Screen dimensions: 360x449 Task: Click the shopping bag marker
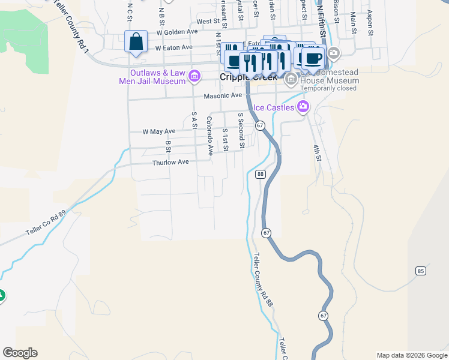136,43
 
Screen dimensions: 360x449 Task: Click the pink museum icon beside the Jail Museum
194,76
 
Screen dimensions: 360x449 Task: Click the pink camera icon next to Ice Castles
303,107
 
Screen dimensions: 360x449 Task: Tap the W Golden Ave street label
176,32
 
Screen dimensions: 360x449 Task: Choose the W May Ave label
158,131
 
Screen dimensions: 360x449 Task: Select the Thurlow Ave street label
170,162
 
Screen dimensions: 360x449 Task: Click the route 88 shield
260,174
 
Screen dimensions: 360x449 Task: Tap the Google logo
20,353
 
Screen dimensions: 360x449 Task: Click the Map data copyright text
412,355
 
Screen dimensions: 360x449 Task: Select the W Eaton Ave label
173,47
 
